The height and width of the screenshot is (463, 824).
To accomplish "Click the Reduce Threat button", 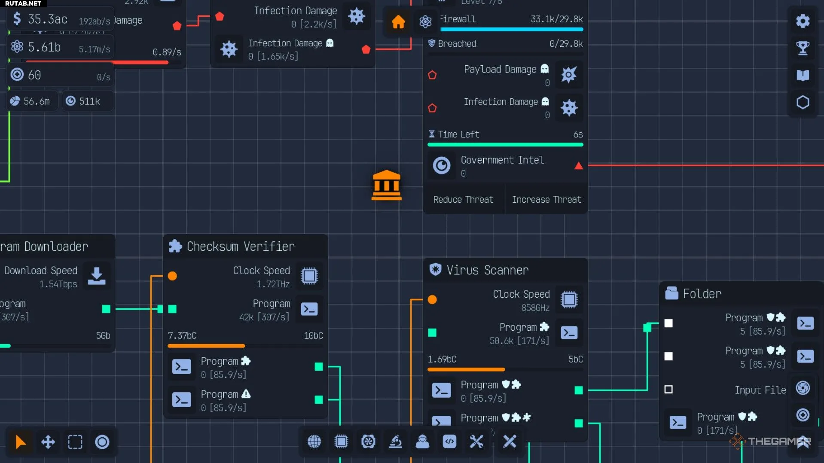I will tap(463, 199).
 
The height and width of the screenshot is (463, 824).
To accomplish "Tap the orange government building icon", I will tap(386, 186).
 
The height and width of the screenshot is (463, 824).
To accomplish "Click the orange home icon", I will tap(398, 21).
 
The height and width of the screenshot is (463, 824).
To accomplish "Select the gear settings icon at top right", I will tap(803, 21).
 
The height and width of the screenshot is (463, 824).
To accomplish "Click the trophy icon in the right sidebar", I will tap(803, 48).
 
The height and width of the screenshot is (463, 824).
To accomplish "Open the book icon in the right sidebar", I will tap(803, 75).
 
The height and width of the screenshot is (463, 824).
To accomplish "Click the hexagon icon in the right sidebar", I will tap(803, 102).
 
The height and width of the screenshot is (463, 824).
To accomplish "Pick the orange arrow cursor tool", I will tap(20, 442).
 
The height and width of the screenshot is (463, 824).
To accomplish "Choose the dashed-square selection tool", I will tap(75, 442).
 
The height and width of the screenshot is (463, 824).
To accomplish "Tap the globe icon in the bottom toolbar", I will tap(314, 441).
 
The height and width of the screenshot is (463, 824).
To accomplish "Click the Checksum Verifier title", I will tap(241, 246).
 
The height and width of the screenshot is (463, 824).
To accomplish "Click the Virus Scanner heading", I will tap(487, 270).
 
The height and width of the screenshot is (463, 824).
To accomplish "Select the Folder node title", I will tap(702, 293).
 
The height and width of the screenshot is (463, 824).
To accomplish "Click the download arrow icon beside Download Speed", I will tap(97, 276).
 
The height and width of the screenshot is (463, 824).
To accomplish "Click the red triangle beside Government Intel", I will tap(578, 166).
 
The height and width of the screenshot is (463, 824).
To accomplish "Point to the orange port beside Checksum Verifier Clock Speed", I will tap(172, 276).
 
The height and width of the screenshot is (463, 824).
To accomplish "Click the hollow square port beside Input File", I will tap(668, 389).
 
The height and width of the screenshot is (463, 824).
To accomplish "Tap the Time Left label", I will tap(458, 134).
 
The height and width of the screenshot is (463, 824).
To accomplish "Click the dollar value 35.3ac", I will tap(47, 19).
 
